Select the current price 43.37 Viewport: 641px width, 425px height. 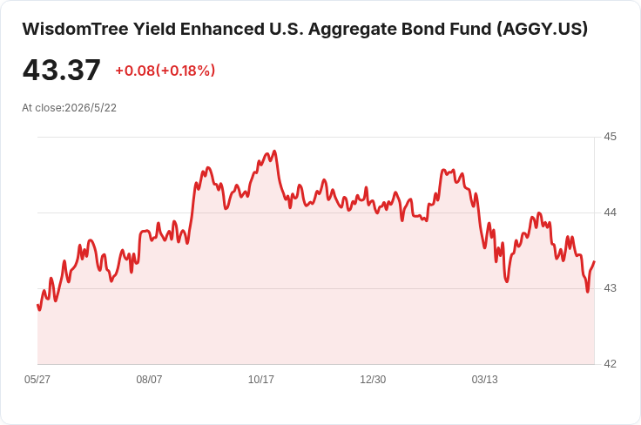(x=61, y=70)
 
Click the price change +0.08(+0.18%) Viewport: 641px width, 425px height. (x=165, y=71)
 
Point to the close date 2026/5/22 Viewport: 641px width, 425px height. (x=91, y=108)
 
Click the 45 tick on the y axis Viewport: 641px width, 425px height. (x=610, y=137)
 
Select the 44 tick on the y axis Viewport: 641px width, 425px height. (x=610, y=212)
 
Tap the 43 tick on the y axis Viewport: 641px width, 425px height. (x=610, y=288)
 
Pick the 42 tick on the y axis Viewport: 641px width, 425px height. (x=610, y=364)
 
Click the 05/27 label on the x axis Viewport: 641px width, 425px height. (x=37, y=379)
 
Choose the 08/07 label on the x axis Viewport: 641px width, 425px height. (x=149, y=379)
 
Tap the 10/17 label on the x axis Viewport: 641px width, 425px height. (x=260, y=379)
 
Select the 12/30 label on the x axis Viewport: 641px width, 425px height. (x=373, y=379)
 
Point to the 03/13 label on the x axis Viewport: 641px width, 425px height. (x=485, y=379)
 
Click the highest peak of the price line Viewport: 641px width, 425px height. (x=274, y=152)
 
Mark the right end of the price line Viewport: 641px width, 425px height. (x=594, y=261)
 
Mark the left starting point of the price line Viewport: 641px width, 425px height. (x=38, y=305)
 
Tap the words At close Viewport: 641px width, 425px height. (x=43, y=108)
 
